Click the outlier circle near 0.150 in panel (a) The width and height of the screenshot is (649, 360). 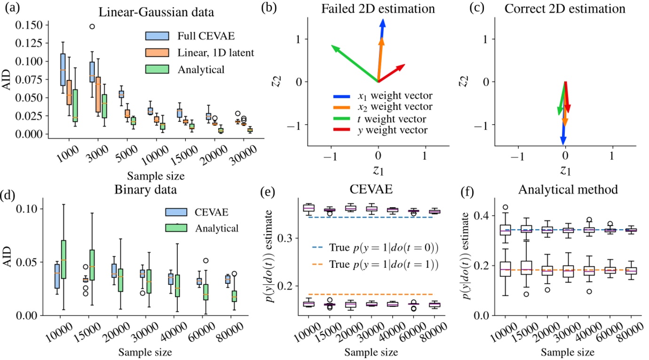[92, 26]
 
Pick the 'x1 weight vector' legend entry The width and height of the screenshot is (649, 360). [381, 97]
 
